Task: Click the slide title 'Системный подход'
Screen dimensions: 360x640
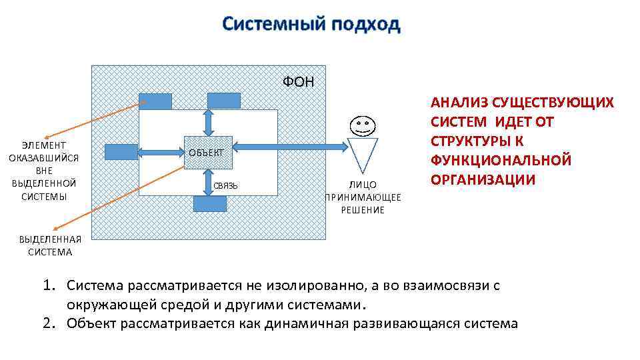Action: coord(311,24)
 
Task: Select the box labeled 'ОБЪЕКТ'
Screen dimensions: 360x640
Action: coord(208,153)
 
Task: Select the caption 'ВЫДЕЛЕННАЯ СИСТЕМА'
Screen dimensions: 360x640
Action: coord(50,246)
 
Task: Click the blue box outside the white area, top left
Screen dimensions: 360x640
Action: coord(155,101)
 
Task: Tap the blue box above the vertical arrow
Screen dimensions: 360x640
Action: coord(223,100)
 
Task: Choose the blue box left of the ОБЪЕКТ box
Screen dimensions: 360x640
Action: coord(121,152)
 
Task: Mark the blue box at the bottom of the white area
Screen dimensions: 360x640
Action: coord(209,204)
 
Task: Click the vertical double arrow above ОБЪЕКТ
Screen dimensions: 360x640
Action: coord(209,123)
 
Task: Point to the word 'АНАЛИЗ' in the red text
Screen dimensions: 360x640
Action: coord(459,103)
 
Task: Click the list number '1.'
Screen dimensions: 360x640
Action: coord(49,286)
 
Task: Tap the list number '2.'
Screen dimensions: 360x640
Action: coord(49,323)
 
